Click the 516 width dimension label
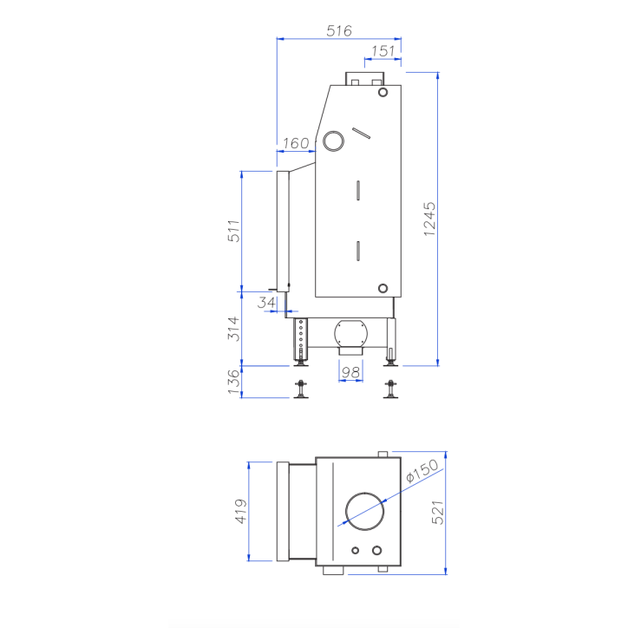click(x=339, y=30)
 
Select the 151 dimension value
click(x=383, y=51)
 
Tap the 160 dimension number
click(x=296, y=142)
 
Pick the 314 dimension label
click(x=232, y=328)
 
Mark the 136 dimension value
click(x=232, y=382)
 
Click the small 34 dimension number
click(x=267, y=302)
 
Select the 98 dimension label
click(x=350, y=373)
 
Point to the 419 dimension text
click(x=241, y=512)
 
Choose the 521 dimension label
click(x=438, y=513)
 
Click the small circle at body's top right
click(x=383, y=93)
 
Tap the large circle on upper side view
click(x=333, y=141)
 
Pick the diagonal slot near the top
click(x=362, y=133)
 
